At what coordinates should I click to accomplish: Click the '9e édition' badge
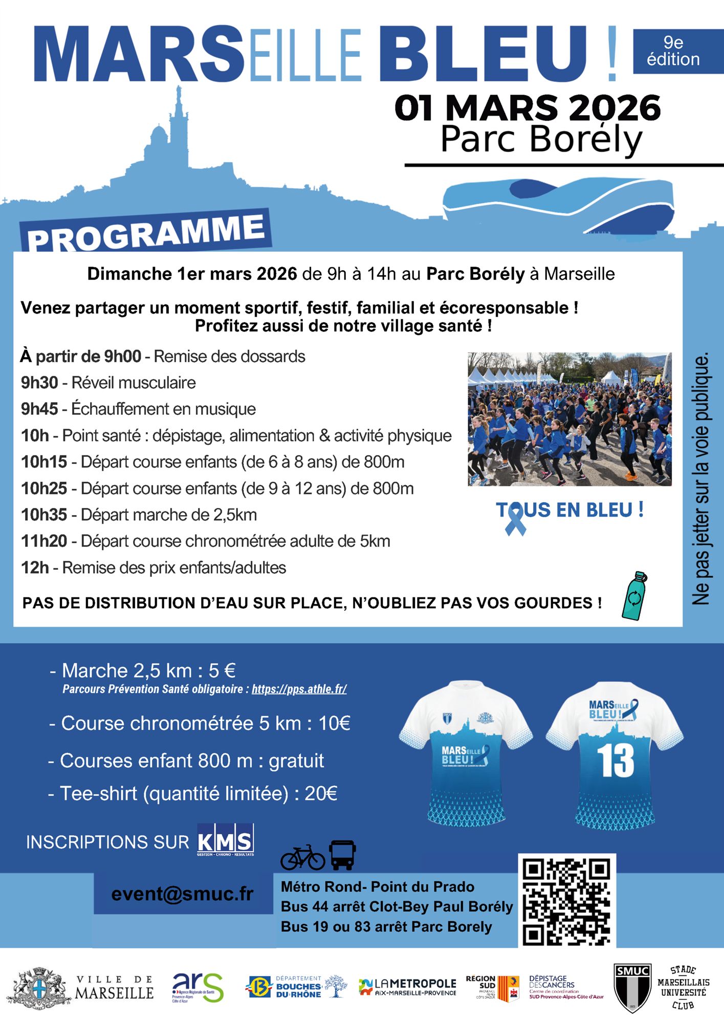673,51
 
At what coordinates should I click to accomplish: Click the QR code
566,901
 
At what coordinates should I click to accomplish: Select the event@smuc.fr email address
183,894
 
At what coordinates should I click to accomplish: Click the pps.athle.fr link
299,689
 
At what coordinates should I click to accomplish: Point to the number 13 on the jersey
615,761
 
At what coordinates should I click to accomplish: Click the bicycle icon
302,857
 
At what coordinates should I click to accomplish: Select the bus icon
342,855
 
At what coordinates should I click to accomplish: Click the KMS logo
225,840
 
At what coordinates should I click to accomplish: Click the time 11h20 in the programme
44,541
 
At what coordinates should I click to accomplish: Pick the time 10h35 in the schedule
44,515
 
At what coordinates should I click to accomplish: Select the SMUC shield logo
633,988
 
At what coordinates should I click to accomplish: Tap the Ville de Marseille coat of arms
39,988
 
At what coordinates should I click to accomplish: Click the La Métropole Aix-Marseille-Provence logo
407,987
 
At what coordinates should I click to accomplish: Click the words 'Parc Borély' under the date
541,139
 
